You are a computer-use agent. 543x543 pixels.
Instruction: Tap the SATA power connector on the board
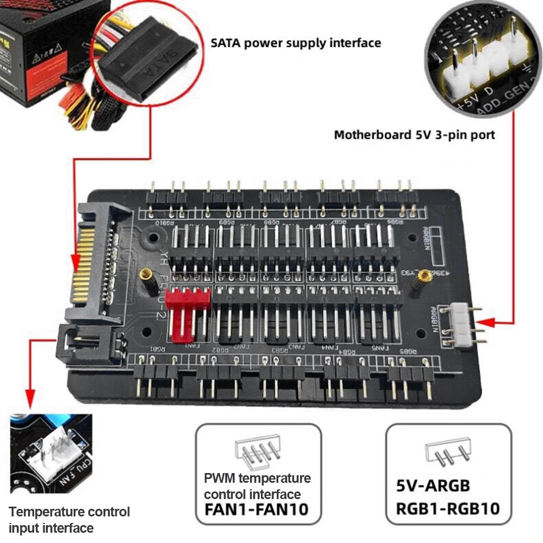98,260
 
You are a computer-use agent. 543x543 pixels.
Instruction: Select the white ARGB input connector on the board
462,325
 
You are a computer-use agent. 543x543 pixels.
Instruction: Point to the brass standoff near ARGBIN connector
425,276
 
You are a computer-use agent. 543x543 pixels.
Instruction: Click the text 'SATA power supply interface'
296,42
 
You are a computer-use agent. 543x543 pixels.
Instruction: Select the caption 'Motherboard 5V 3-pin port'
414,135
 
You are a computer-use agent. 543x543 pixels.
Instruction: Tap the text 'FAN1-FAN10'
256,509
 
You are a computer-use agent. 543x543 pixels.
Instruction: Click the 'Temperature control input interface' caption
69,519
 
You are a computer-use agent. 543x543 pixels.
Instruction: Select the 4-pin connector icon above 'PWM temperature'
258,452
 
